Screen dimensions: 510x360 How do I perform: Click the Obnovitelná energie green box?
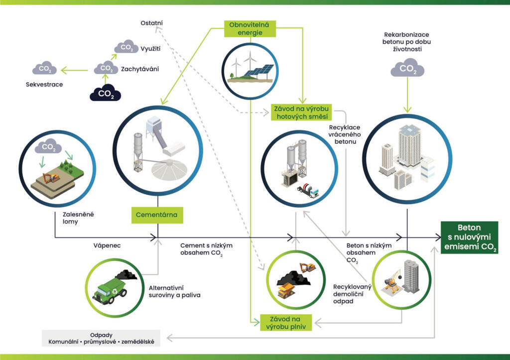(250, 28)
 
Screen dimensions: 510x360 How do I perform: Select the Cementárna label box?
(157, 215)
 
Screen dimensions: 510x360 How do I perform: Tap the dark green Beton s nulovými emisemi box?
(469, 238)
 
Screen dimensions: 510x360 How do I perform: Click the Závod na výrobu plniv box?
(286, 323)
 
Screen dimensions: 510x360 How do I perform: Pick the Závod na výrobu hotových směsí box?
(301, 113)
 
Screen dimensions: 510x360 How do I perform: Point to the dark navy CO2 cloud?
(106, 92)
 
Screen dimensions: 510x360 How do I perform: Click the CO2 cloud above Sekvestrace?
(44, 68)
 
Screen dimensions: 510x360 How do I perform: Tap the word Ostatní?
(151, 23)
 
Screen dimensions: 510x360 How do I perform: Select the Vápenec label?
(107, 245)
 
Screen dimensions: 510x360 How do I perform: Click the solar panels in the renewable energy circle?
(259, 72)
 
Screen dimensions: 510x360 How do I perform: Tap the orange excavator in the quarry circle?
(51, 178)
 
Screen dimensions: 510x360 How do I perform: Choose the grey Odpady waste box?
(101, 338)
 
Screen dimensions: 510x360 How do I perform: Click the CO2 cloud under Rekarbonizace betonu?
(407, 68)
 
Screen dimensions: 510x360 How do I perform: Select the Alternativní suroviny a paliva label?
(174, 292)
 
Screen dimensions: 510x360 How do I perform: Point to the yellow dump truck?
(286, 290)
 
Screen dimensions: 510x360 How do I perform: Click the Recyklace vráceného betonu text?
(345, 134)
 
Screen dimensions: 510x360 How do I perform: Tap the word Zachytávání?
(140, 69)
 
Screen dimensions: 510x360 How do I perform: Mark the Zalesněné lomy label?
(78, 218)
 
